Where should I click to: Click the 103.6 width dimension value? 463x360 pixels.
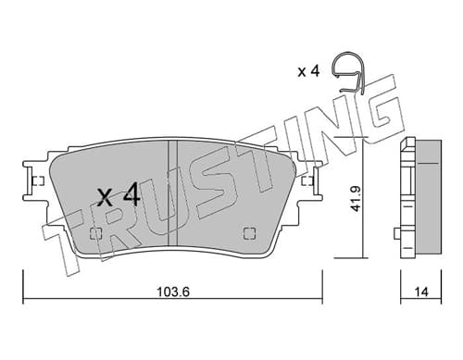click(173, 292)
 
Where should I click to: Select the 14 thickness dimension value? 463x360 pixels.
click(422, 292)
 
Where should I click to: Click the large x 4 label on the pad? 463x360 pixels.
click(119, 194)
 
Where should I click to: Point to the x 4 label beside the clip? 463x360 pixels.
click(308, 71)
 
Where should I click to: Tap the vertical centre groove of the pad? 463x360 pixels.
click(172, 193)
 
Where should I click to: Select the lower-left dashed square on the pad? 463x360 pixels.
click(95, 233)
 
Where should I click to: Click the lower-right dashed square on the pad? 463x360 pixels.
click(249, 233)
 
